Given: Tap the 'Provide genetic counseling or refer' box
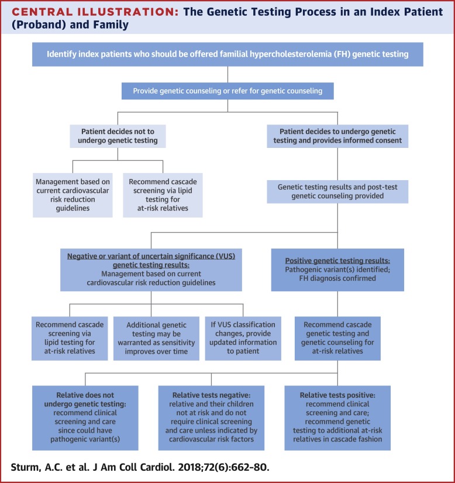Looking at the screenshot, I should point(227,91).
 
